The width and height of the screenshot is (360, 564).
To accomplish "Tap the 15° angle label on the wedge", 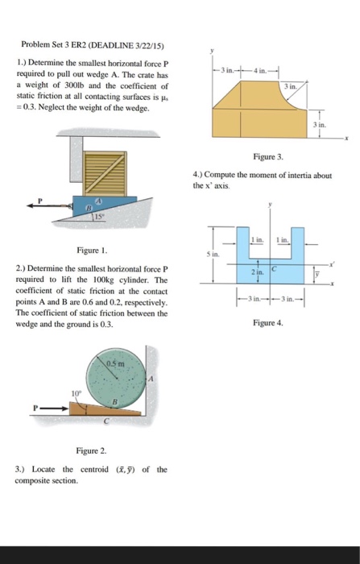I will pos(119,215).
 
